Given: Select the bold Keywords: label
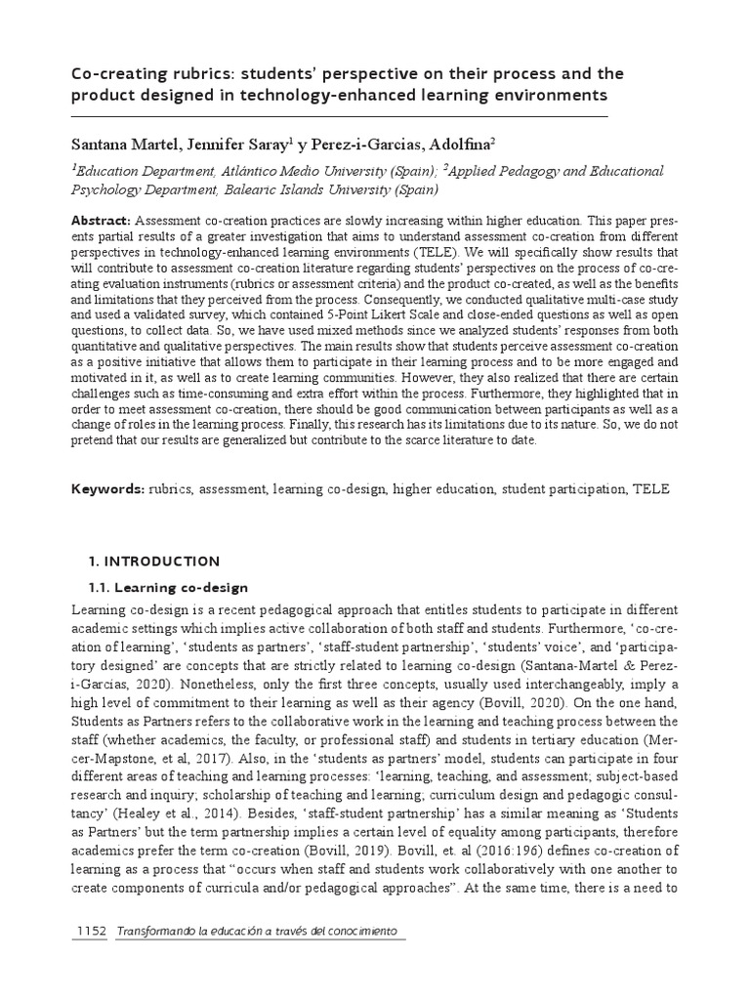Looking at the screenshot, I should (x=108, y=489).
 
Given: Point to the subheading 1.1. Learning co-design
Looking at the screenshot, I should (x=169, y=588).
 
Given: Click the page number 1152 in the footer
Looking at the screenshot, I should (x=90, y=934).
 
